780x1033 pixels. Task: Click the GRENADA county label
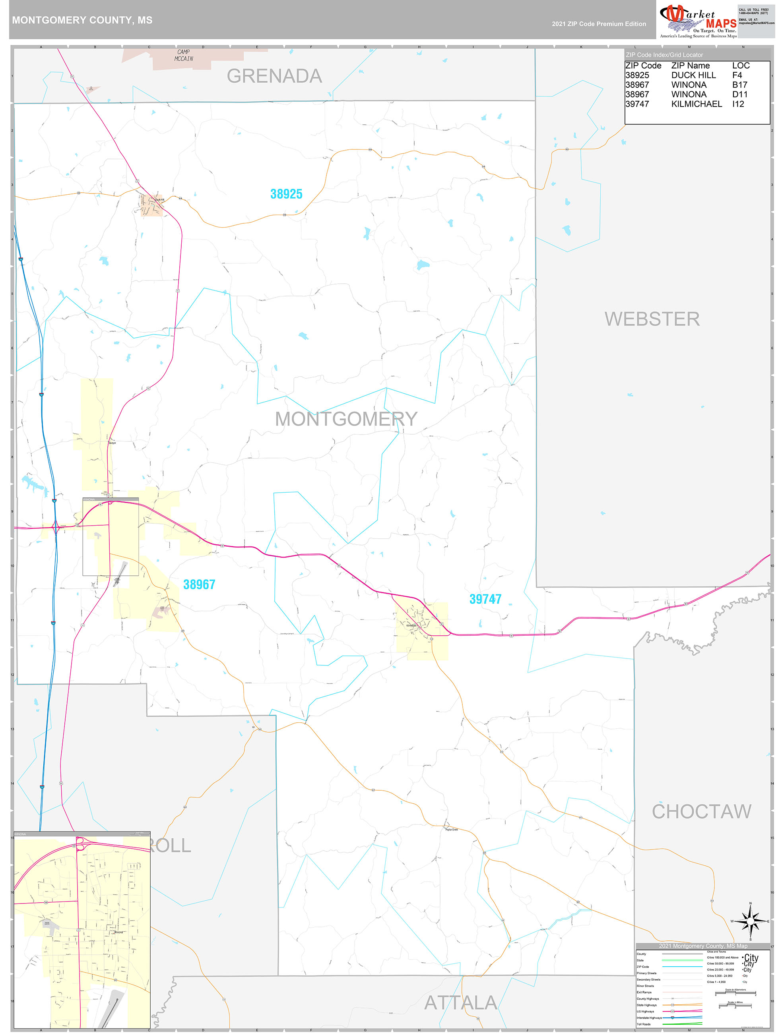click(274, 76)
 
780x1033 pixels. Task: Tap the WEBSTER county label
click(652, 319)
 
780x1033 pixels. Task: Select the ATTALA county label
click(460, 1003)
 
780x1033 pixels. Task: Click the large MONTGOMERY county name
click(346, 418)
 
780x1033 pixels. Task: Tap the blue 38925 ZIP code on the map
click(286, 194)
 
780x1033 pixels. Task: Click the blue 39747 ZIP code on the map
click(485, 599)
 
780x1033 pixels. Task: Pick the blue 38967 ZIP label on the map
click(199, 584)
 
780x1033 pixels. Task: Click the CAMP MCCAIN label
click(184, 55)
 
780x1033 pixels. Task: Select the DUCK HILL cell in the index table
click(693, 75)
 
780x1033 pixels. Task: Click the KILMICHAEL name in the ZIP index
click(697, 104)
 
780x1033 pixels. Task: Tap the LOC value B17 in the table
click(739, 85)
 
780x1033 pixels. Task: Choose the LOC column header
click(741, 66)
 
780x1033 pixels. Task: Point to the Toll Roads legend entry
click(644, 1024)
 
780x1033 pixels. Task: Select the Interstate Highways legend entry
click(649, 1018)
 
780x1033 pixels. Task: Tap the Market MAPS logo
click(698, 21)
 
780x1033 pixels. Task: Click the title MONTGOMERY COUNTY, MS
click(82, 20)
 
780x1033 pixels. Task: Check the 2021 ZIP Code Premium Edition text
click(599, 24)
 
